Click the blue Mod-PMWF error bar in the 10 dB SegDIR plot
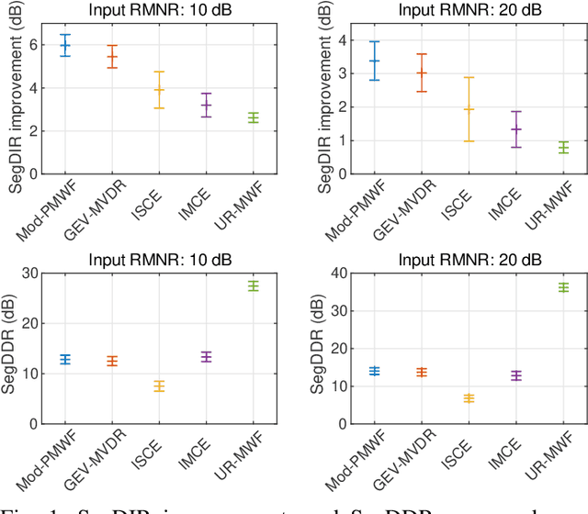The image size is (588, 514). [x=65, y=45]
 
